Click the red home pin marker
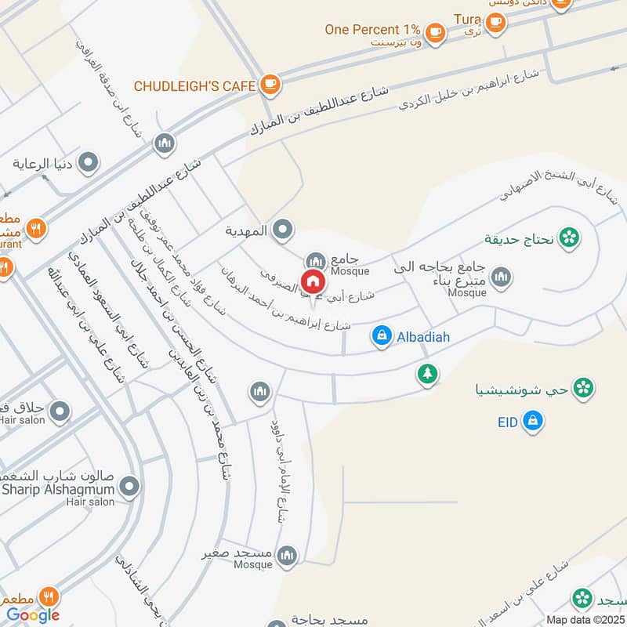313,281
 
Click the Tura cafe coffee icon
495,22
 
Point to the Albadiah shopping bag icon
382,336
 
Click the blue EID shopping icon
532,421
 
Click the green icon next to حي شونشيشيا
582,387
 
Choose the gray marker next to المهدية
284,230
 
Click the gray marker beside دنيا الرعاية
89,164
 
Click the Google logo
34,615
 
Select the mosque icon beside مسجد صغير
288,555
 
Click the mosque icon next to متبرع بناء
501,277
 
